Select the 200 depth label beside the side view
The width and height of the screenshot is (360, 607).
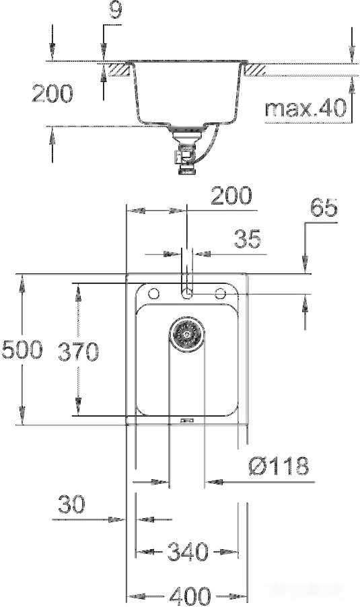(x=52, y=94)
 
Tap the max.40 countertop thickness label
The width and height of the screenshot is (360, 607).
(x=305, y=108)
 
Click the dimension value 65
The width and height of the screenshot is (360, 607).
(x=324, y=209)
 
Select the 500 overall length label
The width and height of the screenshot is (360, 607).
(x=22, y=349)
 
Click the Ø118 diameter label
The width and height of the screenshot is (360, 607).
(x=277, y=465)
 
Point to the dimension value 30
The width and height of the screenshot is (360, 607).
(x=71, y=505)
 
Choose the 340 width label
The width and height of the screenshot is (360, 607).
(x=187, y=552)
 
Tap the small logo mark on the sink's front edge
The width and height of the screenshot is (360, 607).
(x=187, y=421)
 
